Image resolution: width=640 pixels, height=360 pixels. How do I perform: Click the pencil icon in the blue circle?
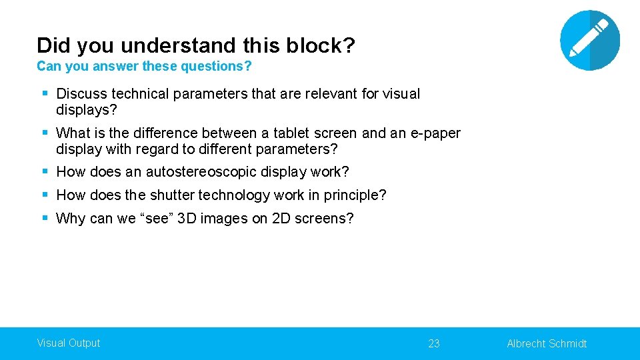(x=590, y=40)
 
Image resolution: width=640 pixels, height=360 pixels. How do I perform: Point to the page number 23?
(x=434, y=343)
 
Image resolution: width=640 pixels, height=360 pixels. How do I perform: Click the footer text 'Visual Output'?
(x=68, y=343)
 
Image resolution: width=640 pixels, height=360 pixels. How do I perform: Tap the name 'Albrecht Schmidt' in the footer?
(x=547, y=343)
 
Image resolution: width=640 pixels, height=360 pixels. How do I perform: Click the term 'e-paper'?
(x=435, y=133)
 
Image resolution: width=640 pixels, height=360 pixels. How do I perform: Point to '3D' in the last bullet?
(x=188, y=219)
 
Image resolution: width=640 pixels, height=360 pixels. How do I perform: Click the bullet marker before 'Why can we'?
(x=45, y=218)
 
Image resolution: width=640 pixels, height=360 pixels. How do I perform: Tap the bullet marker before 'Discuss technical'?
(x=45, y=93)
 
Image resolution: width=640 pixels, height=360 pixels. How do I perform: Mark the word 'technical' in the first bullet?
(x=140, y=94)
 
